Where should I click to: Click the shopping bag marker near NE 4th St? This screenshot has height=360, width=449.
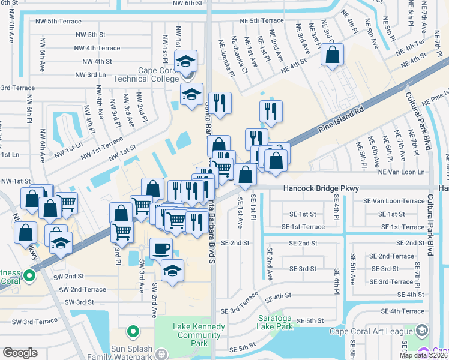point(332,55)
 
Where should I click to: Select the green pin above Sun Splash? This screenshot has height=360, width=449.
point(132,331)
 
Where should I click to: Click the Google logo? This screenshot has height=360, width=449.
point(20,353)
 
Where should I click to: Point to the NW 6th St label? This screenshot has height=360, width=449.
point(188,3)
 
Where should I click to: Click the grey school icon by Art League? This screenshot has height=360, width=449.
point(422,331)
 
